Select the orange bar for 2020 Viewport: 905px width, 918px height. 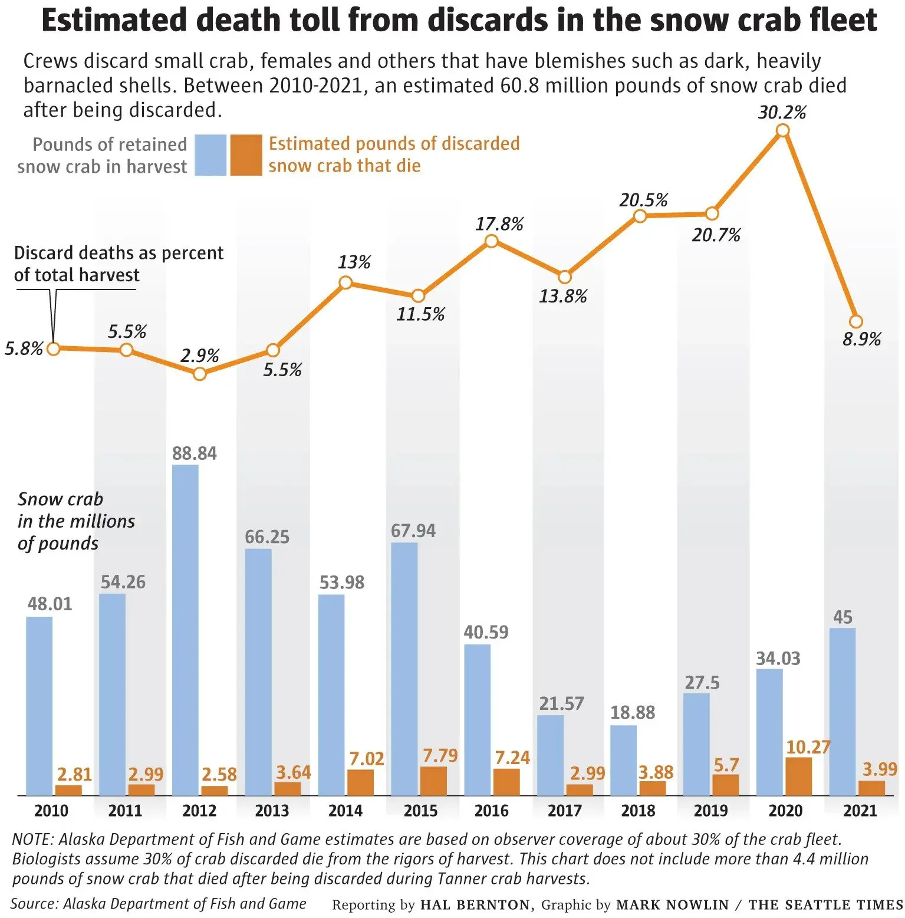click(x=798, y=776)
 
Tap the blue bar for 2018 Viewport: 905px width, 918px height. click(x=623, y=760)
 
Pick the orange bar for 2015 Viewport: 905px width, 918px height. click(x=433, y=781)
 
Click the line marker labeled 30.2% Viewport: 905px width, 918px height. click(x=782, y=131)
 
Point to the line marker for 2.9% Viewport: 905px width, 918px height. click(x=200, y=374)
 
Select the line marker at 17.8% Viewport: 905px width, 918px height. click(x=491, y=241)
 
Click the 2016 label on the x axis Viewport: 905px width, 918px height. click(x=491, y=811)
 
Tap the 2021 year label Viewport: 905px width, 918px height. click(x=860, y=811)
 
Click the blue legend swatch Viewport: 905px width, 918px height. click(x=210, y=155)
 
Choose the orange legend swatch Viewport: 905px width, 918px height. click(x=246, y=155)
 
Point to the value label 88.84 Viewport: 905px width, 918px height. click(x=194, y=453)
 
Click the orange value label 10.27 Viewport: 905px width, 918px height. click(x=808, y=747)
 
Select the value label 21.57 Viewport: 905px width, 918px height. click(x=561, y=703)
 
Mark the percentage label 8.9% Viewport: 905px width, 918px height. click(x=861, y=339)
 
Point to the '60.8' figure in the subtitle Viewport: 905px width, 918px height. click(x=519, y=85)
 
